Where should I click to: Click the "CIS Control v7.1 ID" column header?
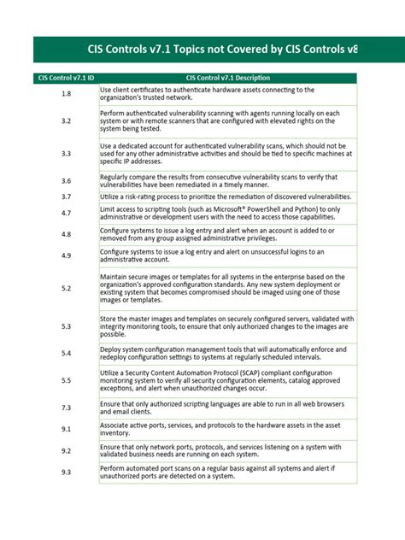(66, 78)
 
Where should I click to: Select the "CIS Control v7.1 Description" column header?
(227, 78)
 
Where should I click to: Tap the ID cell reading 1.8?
(66, 93)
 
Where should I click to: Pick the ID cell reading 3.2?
(66, 121)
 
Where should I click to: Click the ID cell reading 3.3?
(66, 154)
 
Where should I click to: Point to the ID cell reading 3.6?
(66, 180)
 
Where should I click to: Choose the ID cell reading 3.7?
(66, 197)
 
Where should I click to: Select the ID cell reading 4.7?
(66, 213)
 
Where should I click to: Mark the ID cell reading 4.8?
(66, 234)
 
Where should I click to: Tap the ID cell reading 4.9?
(66, 256)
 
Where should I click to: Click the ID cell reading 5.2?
(66, 289)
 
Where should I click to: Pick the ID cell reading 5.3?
(66, 326)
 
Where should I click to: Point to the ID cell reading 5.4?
(66, 353)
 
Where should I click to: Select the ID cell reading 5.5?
(66, 380)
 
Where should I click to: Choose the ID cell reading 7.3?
(66, 408)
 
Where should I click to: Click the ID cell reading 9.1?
(66, 429)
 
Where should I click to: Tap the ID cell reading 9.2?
(66, 450)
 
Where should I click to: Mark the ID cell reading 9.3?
(66, 472)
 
